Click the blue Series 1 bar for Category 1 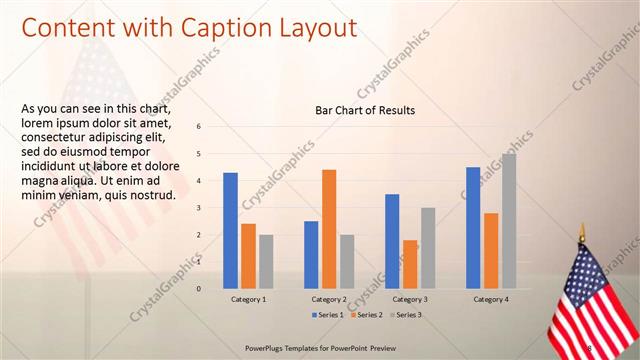[230, 230]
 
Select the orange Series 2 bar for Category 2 [329, 228]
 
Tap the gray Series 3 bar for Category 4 [509, 220]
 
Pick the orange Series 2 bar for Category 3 [410, 264]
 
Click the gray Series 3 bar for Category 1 [265, 261]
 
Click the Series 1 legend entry [329, 315]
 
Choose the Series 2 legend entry [366, 315]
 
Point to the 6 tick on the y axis [199, 127]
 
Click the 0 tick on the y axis [199, 289]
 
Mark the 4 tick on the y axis [199, 181]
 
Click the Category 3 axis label [410, 299]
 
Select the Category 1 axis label [248, 299]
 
